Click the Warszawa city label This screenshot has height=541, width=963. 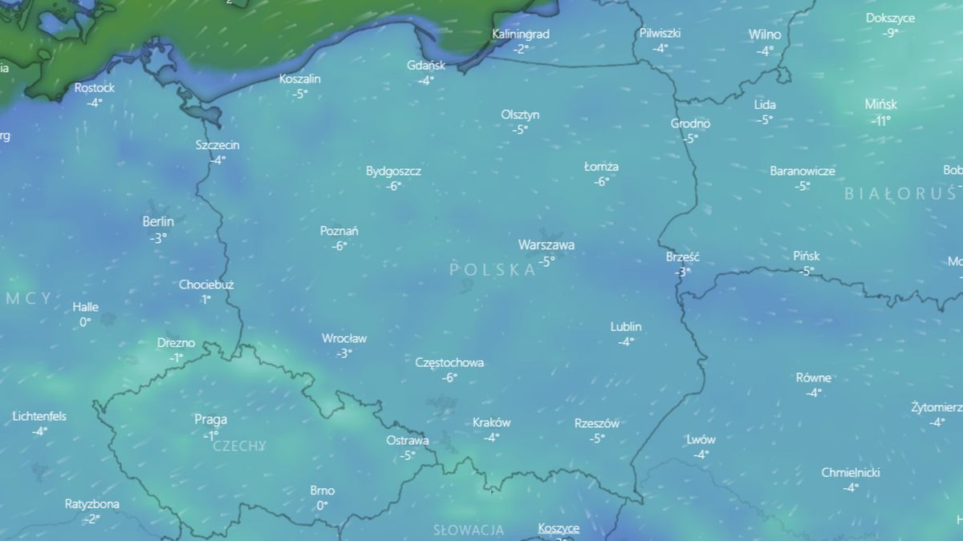coord(546,245)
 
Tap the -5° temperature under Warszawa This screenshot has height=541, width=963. coord(546,260)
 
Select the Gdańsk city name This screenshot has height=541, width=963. coord(426,65)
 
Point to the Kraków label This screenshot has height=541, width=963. coord(491,422)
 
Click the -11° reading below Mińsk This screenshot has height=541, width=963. coord(881,121)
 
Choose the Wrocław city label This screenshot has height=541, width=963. coord(343,338)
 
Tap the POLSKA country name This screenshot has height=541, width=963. coord(493,270)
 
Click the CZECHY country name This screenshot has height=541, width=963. coord(238,446)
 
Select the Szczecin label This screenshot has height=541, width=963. coord(217,145)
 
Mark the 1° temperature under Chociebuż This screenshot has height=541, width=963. coord(206,300)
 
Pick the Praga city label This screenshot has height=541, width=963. coord(210,419)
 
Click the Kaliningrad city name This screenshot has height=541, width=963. coord(521,34)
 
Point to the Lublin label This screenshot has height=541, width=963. coord(626,327)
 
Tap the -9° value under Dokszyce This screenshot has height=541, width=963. coord(890,33)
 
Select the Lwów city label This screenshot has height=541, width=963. coord(701,439)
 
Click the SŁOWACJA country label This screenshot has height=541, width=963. coord(469,530)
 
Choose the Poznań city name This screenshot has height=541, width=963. coord(339,231)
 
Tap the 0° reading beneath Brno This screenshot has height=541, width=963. coord(322,506)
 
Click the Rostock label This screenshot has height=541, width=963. coord(95,87)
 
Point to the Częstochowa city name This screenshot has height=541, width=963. coord(449,362)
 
